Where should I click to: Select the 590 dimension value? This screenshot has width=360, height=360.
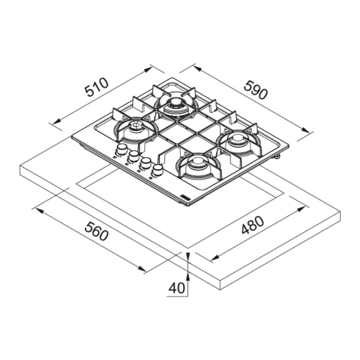pos(256,90)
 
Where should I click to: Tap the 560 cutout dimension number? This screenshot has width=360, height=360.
pos(96,231)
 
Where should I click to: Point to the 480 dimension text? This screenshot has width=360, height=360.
pos(253,225)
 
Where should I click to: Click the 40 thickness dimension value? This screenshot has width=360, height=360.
pos(177,288)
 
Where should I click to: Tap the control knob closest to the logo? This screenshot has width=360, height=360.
pos(157,170)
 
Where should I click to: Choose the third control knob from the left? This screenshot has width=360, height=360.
pos(145,163)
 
